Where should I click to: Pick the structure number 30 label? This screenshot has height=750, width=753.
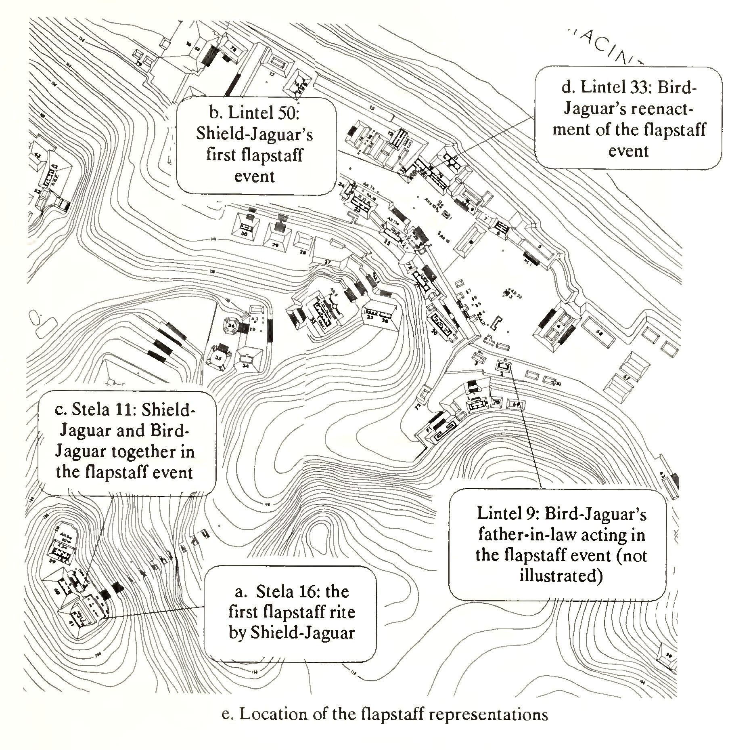pyautogui.click(x=244, y=234)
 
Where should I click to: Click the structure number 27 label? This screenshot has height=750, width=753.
pyautogui.click(x=328, y=262)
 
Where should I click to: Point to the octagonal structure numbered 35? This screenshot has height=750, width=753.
pyautogui.click(x=219, y=358)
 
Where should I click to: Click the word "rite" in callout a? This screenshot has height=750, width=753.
pyautogui.click(x=343, y=612)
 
